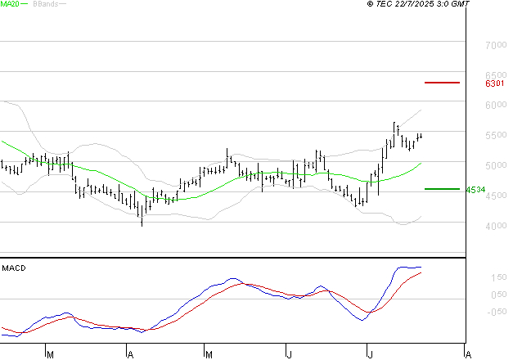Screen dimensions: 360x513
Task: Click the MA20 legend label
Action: [9, 4]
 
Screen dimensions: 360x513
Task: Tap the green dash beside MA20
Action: [25, 4]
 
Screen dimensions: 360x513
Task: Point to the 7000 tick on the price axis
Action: [496, 45]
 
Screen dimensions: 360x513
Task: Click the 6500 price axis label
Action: [496, 75]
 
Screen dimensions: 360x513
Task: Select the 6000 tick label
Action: [496, 106]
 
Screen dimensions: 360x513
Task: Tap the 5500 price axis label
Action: [496, 135]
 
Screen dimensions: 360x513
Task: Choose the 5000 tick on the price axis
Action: [496, 165]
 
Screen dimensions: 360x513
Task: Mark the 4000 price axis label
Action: [496, 226]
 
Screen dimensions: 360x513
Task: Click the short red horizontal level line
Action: [443, 83]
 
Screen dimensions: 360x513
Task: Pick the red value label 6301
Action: [495, 83]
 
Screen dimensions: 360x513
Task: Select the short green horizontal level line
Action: [443, 189]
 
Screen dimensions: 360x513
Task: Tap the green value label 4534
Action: [475, 190]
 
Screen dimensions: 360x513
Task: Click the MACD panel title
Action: [13, 268]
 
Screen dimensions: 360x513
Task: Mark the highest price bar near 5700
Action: [394, 127]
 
